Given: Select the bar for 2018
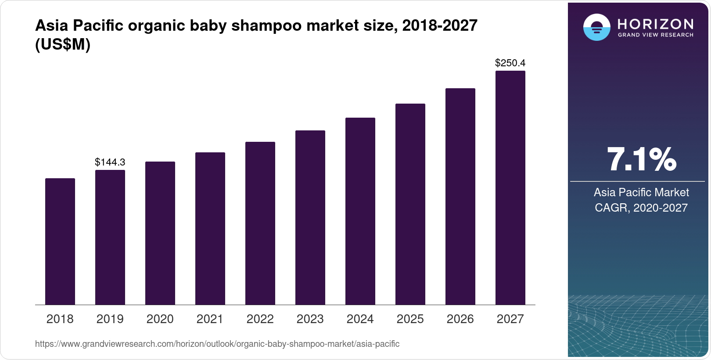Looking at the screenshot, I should pyautogui.click(x=60, y=241).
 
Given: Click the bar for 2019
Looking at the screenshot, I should pyautogui.click(x=110, y=237).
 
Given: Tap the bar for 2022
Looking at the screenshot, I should pyautogui.click(x=260, y=223).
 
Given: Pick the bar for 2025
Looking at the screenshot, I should pyautogui.click(x=410, y=204).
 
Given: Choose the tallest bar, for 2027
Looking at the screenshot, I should pyautogui.click(x=510, y=188).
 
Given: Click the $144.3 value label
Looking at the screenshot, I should pyautogui.click(x=110, y=162).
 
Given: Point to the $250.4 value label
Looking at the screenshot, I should pyautogui.click(x=510, y=63).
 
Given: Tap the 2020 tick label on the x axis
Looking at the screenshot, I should pyautogui.click(x=160, y=319).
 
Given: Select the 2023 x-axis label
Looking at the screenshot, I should pyautogui.click(x=310, y=319).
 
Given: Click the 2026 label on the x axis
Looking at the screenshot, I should pyautogui.click(x=460, y=319).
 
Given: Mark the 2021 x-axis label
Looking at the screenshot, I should pyautogui.click(x=210, y=319).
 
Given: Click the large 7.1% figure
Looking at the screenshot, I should pyautogui.click(x=641, y=160).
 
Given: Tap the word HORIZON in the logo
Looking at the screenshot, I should pyautogui.click(x=655, y=24).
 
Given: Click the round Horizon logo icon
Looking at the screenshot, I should pyautogui.click(x=596, y=27).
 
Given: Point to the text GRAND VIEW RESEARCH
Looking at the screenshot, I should pyautogui.click(x=655, y=35).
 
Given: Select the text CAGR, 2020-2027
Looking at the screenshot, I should pyautogui.click(x=641, y=208).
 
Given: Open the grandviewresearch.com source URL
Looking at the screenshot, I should pyautogui.click(x=217, y=344).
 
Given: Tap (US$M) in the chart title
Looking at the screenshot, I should pyautogui.click(x=63, y=45).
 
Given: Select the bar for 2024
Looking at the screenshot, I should pyautogui.click(x=360, y=211).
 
